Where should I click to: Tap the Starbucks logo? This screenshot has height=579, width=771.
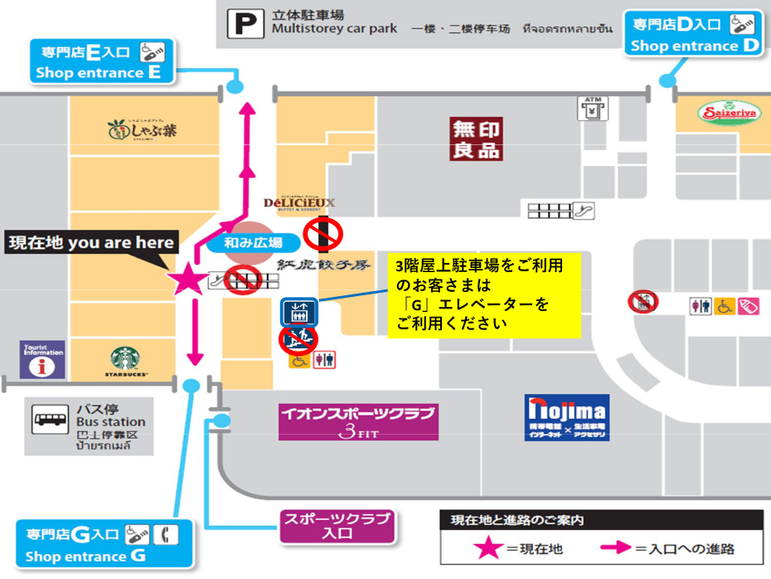tap(126, 362)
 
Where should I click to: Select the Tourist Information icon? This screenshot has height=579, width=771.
tap(42, 359)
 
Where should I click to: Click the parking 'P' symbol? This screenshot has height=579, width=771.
tap(245, 23)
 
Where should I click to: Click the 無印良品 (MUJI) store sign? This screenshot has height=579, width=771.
tap(476, 139)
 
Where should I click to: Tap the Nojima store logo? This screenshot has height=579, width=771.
tap(567, 416)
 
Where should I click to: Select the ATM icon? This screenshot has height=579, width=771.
tap(590, 109)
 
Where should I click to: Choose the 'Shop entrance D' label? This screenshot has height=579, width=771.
tap(694, 35)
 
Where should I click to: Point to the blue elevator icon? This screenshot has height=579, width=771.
tap(296, 311)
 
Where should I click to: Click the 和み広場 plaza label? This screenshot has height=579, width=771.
tap(253, 243)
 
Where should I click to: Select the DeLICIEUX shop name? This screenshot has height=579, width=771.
tap(299, 204)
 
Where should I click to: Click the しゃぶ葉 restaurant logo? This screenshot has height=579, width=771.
tap(142, 129)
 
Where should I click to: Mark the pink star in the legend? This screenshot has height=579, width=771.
tap(487, 548)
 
